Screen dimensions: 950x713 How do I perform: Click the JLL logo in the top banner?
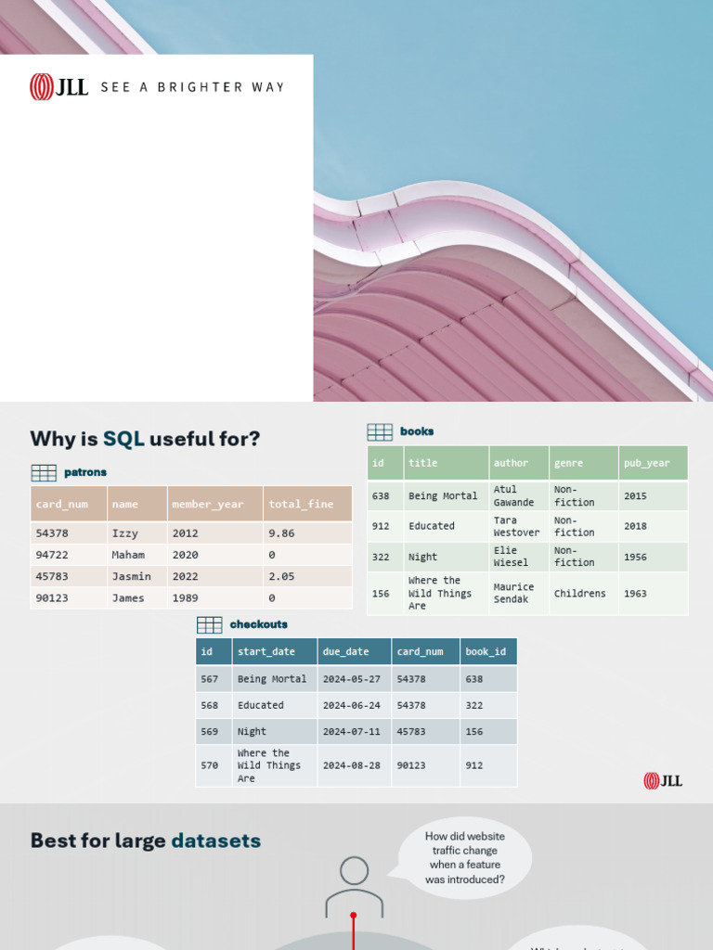tap(59, 86)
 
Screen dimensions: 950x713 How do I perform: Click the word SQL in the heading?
tap(123, 439)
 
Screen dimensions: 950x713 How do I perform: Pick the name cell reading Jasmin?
tap(131, 576)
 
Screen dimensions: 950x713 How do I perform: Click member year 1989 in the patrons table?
tap(185, 598)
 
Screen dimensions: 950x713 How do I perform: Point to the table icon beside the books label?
tap(380, 431)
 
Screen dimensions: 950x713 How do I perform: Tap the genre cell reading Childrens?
tap(579, 593)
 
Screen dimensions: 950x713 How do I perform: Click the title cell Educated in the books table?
tap(432, 526)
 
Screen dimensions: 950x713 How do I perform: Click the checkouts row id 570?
tap(210, 765)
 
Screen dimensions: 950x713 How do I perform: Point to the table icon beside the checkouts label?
tap(209, 624)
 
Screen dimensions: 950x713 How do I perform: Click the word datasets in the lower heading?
tap(215, 841)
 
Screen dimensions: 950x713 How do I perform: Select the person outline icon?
tap(354, 886)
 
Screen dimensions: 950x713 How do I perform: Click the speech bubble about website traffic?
tap(465, 857)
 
